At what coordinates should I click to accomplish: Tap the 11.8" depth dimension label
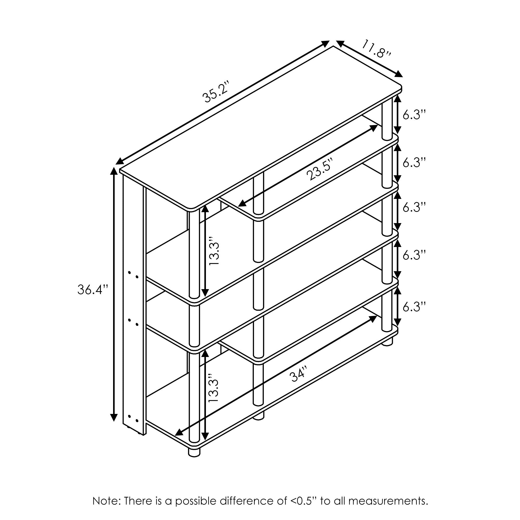376,49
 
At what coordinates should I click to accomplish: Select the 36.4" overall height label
93,290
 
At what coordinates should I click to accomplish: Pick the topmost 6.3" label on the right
414,115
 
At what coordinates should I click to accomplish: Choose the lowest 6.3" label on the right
414,307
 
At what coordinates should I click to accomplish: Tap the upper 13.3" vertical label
214,251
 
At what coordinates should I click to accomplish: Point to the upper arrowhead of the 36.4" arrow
114,171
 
